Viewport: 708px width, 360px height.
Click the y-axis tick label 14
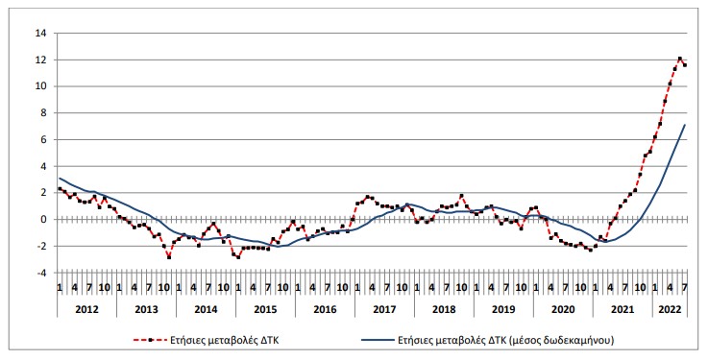click(x=40, y=33)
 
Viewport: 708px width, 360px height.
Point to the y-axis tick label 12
click(x=40, y=60)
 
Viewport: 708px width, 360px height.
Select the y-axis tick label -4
click(x=41, y=273)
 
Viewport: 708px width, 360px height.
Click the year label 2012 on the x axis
click(x=86, y=310)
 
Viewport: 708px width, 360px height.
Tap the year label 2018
click(x=443, y=310)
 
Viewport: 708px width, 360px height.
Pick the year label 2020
click(x=562, y=310)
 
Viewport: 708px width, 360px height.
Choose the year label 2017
click(x=383, y=310)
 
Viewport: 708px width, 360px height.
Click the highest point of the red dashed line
click(x=680, y=59)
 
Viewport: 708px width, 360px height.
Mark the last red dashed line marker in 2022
click(x=685, y=64)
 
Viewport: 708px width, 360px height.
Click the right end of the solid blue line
click(x=685, y=125)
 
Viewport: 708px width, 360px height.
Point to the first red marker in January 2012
click(x=60, y=189)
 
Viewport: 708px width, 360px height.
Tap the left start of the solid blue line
click(x=60, y=179)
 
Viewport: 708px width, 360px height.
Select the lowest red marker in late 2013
click(x=169, y=257)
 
